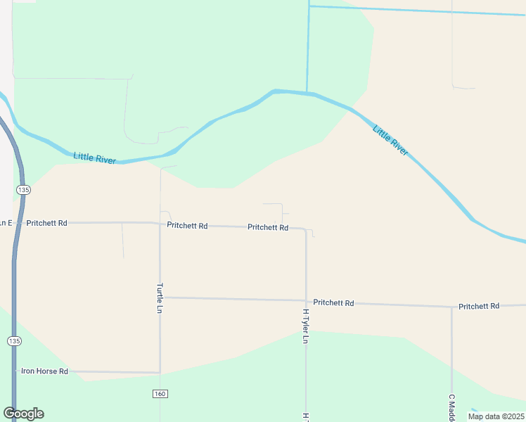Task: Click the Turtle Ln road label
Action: tap(160, 298)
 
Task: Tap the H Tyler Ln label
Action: tap(305, 326)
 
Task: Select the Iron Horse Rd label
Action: tap(44, 371)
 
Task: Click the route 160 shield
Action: tap(160, 393)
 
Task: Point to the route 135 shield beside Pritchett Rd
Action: tap(23, 190)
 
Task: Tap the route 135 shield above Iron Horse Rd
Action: tap(14, 340)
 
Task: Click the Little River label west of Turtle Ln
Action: tap(94, 159)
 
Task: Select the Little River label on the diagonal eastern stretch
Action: tap(390, 140)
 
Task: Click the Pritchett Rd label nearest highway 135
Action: tap(46, 223)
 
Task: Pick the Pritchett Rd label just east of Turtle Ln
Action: tap(187, 226)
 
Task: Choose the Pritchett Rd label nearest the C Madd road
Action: tap(478, 306)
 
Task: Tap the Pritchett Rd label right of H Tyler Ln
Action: tap(333, 302)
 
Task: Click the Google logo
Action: tap(24, 414)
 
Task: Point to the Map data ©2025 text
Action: tap(496, 416)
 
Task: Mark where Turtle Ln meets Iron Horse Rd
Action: tap(160, 372)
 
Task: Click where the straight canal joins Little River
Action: tap(307, 93)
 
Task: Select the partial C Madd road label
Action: tap(451, 407)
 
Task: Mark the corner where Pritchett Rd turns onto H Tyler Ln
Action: tap(305, 229)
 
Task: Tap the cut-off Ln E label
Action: tap(6, 223)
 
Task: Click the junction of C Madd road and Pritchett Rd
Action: tap(451, 307)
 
